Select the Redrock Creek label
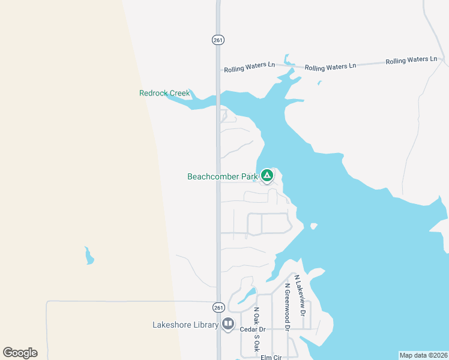tap(164, 93)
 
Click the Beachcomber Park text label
tap(222, 176)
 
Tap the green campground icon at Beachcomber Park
tap(267, 176)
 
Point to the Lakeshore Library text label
tap(185, 325)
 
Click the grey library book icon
tap(228, 325)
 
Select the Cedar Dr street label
tap(252, 329)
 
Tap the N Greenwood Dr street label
tap(288, 307)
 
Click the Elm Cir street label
tap(271, 357)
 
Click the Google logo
tap(20, 353)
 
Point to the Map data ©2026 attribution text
tap(423, 355)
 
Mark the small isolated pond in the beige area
tap(89, 256)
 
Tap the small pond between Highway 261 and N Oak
tap(246, 295)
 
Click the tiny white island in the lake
tap(313, 226)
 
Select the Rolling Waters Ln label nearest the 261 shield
tap(249, 69)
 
